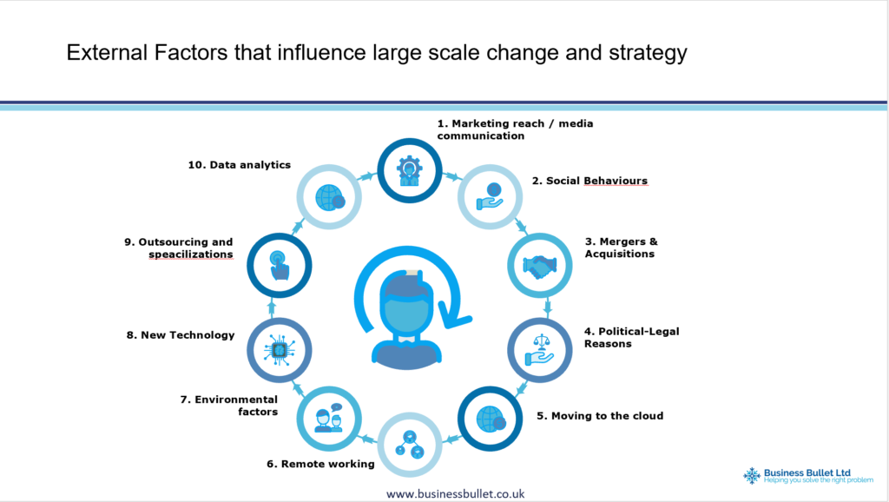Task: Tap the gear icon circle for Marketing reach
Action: pyautogui.click(x=410, y=170)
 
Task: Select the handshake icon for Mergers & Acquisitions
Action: pyautogui.click(x=539, y=266)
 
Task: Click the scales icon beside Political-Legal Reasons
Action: pyautogui.click(x=539, y=350)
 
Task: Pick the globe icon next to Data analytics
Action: pyautogui.click(x=329, y=197)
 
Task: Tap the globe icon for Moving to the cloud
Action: pyautogui.click(x=491, y=419)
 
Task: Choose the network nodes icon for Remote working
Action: pyautogui.click(x=410, y=445)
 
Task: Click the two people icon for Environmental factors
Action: pyautogui.click(x=329, y=419)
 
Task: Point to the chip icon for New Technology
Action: pyautogui.click(x=279, y=350)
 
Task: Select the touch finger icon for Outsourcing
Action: pyautogui.click(x=279, y=266)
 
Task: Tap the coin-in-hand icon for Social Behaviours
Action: pyautogui.click(x=491, y=196)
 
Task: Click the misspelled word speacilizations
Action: pyautogui.click(x=190, y=254)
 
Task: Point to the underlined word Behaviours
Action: pyautogui.click(x=616, y=181)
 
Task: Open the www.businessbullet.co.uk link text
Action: pyautogui.click(x=455, y=494)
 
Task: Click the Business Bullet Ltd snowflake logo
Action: pyautogui.click(x=752, y=475)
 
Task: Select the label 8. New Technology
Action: pyautogui.click(x=181, y=335)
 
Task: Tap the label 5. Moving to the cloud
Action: pyautogui.click(x=600, y=416)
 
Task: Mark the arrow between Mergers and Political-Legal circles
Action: pyautogui.click(x=548, y=307)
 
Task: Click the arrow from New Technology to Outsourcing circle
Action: pyautogui.click(x=272, y=308)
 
